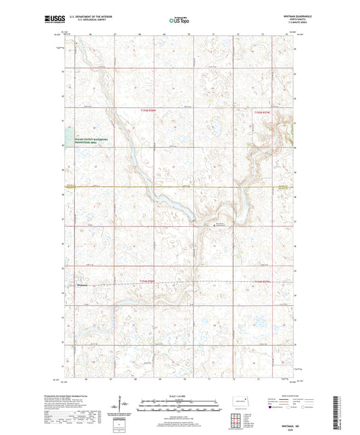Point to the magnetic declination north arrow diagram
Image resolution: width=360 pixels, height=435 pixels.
[124, 409]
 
